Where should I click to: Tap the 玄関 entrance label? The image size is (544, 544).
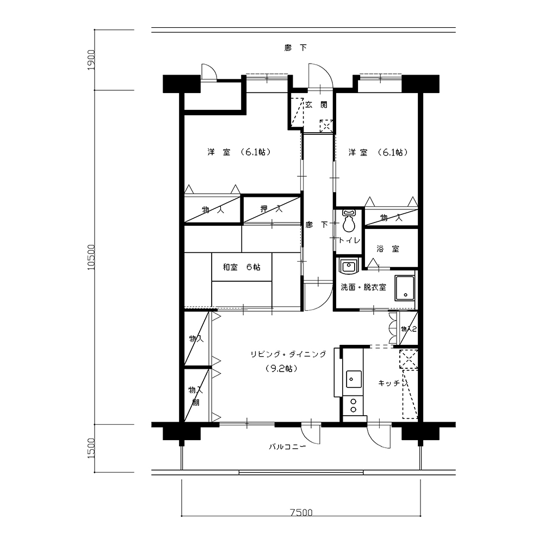coord(316,105)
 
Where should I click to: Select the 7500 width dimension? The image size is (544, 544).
coord(301,512)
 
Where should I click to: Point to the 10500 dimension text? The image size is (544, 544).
coord(91,257)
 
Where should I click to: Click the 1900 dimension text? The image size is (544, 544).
coord(91,60)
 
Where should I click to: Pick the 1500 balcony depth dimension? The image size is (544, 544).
coord(91,448)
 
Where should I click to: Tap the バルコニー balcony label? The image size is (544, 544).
coord(288,447)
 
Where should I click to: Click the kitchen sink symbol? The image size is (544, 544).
coord(354,379)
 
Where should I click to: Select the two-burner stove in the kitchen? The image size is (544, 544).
coord(354,406)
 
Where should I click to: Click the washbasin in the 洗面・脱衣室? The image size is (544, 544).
coord(348,267)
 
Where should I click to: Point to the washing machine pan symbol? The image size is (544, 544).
coord(405,288)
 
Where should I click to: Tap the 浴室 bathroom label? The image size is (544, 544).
coord(388,249)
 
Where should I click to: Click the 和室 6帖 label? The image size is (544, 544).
coord(242,267)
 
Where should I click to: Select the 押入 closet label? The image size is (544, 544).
coord(271,209)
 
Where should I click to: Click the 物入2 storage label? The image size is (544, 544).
coord(409,329)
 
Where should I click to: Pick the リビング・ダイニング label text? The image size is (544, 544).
coord(288,354)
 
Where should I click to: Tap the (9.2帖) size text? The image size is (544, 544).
coord(281,368)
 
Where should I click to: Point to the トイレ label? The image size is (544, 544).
coord(349,240)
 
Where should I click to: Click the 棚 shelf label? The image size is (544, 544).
coord(196,403)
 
